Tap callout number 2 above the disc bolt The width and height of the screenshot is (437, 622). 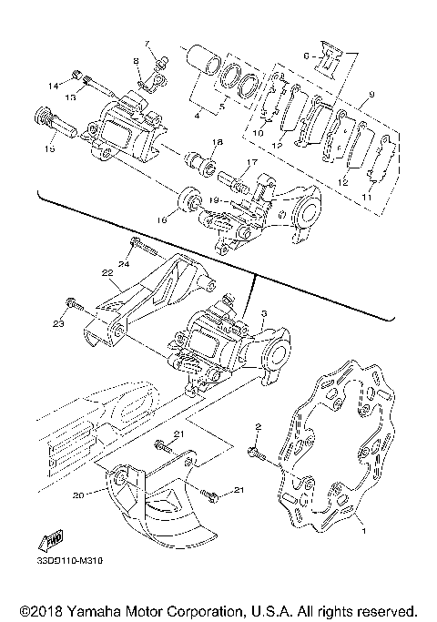(x=258, y=427)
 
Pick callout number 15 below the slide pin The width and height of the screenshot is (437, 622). (x=49, y=148)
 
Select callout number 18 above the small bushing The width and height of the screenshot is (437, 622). (x=217, y=142)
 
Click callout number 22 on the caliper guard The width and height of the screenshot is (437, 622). (x=107, y=272)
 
